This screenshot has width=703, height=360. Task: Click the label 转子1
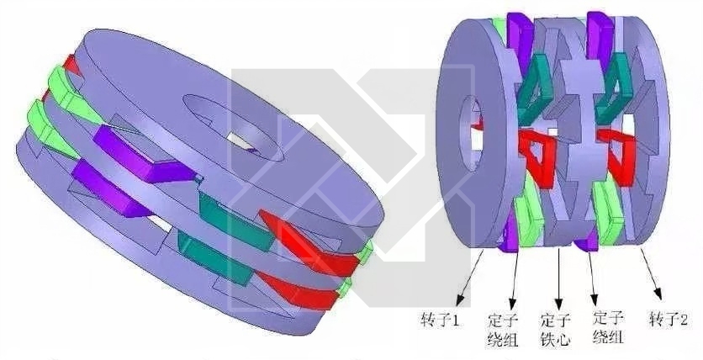[441, 320]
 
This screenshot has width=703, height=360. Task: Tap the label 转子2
[669, 320]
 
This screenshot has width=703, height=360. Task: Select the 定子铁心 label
[556, 330]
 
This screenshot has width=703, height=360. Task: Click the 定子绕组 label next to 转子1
[503, 331]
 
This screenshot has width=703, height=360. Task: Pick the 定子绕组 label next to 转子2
[609, 328]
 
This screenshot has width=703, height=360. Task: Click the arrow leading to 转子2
[652, 273]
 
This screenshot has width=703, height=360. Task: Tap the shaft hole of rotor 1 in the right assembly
[470, 134]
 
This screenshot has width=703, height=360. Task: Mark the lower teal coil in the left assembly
[214, 257]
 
